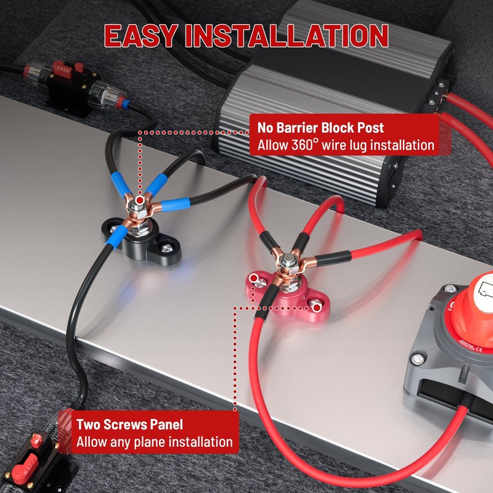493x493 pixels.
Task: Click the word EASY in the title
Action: [x=141, y=36]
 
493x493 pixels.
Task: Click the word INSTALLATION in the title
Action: [x=287, y=36]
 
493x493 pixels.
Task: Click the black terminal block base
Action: [x=142, y=240]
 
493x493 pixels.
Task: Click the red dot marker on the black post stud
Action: [x=140, y=200]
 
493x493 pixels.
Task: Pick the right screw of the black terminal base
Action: [x=166, y=248]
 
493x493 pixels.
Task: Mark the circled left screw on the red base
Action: [x=254, y=279]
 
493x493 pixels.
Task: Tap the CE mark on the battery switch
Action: [x=479, y=349]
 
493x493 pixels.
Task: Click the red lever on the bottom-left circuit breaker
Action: [x=26, y=468]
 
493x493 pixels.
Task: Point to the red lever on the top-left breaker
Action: [x=60, y=68]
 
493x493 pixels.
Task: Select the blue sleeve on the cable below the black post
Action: [x=116, y=237]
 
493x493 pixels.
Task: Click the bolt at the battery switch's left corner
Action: [x=417, y=359]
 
